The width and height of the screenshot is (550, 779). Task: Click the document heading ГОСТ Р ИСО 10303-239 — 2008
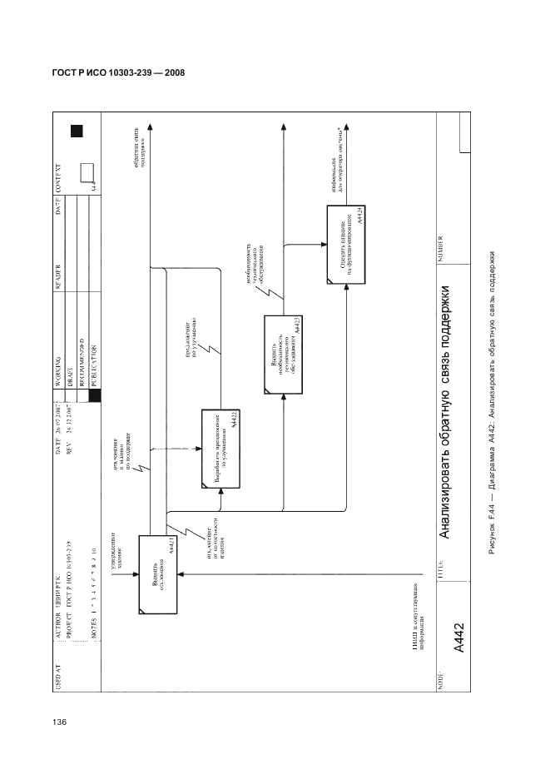112,73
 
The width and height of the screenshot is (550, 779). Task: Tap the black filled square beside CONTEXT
77,131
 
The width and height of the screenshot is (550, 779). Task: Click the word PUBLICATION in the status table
92,367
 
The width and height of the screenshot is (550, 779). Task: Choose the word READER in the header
59,252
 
